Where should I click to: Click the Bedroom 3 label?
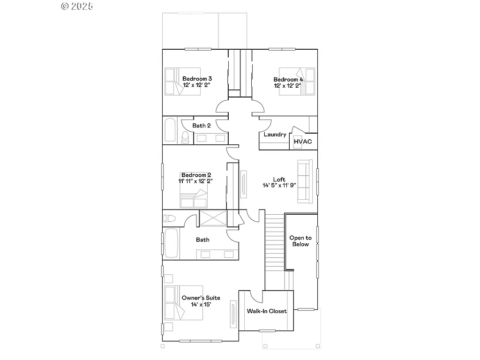pos(197,79)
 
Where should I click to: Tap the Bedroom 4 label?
pos(288,80)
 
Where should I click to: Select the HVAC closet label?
pos(302,142)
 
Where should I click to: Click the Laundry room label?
pos(275,135)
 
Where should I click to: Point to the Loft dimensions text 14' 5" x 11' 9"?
pos(279,185)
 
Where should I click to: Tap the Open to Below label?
pos(300,241)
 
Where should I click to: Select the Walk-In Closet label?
pos(266,311)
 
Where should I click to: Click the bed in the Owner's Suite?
pos(183,304)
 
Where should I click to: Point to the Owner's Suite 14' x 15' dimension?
pos(201,304)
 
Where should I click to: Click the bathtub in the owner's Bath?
pos(172,243)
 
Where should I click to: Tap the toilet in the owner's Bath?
pos(169,218)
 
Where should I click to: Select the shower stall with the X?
pos(213,218)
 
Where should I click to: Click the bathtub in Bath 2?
pos(169,131)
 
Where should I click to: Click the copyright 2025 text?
pos(77,6)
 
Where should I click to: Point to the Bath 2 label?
pos(202,125)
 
